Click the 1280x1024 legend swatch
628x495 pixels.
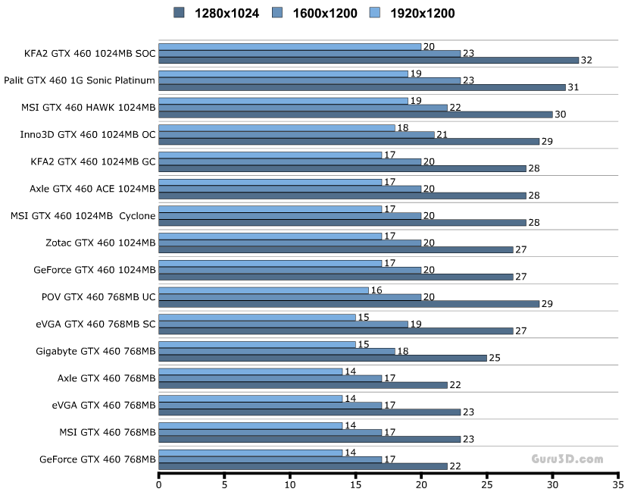tap(180, 13)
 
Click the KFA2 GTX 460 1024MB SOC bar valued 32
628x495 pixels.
tap(368, 60)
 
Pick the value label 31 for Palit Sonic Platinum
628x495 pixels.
tap(573, 87)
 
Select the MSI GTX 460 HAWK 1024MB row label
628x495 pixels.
tap(89, 108)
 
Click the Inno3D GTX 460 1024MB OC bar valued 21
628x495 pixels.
tap(296, 135)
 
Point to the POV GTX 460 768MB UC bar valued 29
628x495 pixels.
tap(348, 303)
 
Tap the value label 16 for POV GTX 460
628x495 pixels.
tap(376, 290)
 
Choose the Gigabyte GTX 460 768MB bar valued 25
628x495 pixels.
tap(323, 358)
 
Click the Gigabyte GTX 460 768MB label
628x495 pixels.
tap(95, 351)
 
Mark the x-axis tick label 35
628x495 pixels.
tap(618, 483)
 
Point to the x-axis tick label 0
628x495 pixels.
tap(159, 483)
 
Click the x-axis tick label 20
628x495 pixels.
tap(421, 483)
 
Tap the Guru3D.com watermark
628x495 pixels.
tap(567, 459)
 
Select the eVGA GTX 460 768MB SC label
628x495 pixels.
tap(95, 324)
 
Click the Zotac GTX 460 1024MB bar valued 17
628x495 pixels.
tap(270, 236)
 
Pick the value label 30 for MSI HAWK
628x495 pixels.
tap(560, 114)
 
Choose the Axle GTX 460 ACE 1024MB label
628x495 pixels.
tap(92, 189)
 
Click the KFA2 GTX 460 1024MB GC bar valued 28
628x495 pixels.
tap(342, 168)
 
